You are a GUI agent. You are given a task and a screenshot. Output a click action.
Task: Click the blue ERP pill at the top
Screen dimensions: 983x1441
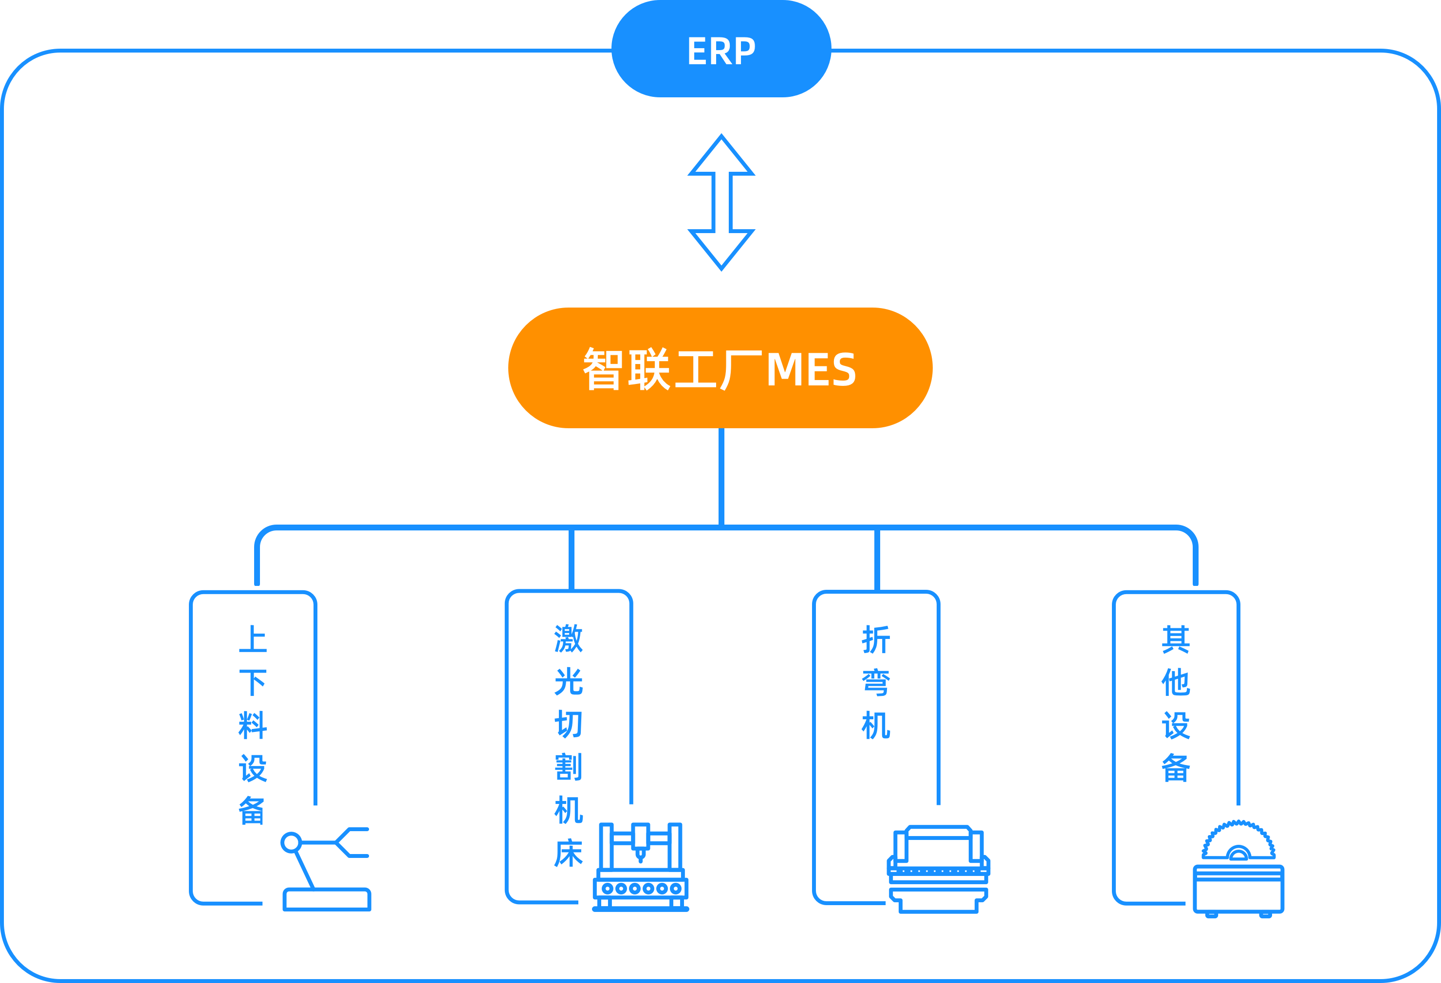coord(721,50)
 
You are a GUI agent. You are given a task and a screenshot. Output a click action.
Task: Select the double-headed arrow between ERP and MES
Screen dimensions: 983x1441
coord(721,202)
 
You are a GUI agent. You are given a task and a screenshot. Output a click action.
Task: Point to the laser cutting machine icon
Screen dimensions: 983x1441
coord(641,867)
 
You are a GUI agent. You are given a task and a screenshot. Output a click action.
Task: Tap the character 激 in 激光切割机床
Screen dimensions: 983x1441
coord(568,639)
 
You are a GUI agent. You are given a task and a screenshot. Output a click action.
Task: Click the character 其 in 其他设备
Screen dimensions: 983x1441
coord(1176,639)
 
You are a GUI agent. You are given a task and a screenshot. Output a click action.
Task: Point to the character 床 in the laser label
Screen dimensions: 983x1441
coord(568,854)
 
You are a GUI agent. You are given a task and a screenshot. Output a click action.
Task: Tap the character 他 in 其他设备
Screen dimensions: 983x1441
coord(1176,682)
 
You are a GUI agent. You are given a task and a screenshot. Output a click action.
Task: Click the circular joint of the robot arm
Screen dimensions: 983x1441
coord(291,843)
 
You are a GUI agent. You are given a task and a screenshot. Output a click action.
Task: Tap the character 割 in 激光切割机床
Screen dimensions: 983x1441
coord(568,767)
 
